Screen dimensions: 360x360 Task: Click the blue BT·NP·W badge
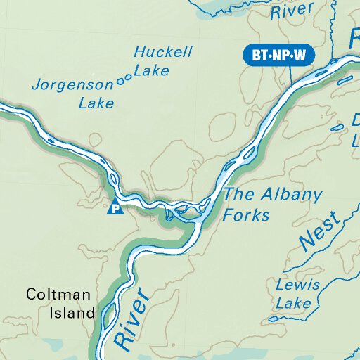click(x=278, y=55)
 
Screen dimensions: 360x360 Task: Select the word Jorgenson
click(x=73, y=86)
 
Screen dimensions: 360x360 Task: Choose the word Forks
click(x=246, y=214)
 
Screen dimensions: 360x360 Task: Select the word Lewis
click(x=298, y=285)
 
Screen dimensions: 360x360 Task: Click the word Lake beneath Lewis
click(x=294, y=304)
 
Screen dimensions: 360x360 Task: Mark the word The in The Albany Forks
click(x=236, y=195)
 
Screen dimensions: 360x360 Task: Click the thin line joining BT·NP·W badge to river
click(x=290, y=76)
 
